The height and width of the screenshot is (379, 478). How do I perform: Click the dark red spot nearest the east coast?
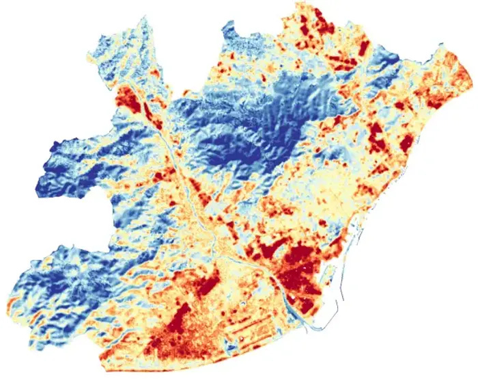[x=406, y=144]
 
